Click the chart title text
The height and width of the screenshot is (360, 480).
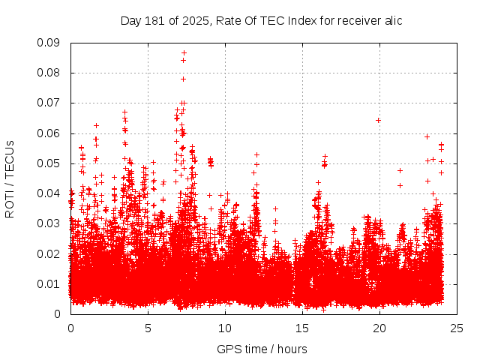pos(262,21)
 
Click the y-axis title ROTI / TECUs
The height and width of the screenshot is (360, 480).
pos(10,178)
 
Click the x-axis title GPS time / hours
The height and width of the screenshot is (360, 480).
pos(262,349)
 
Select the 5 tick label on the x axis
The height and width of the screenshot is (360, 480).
pos(148,328)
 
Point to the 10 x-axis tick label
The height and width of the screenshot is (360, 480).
pos(225,328)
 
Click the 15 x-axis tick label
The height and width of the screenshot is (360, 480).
pos(302,328)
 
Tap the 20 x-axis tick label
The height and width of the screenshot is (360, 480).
pos(379,328)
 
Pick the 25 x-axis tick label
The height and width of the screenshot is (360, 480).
pos(456,328)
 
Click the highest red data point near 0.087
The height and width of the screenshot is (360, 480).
pos(184,53)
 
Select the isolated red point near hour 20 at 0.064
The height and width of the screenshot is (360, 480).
pos(379,120)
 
